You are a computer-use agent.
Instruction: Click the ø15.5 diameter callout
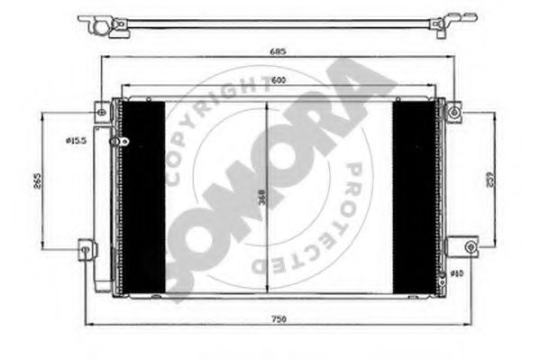[x=76, y=140]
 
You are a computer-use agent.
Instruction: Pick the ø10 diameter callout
[x=456, y=272]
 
